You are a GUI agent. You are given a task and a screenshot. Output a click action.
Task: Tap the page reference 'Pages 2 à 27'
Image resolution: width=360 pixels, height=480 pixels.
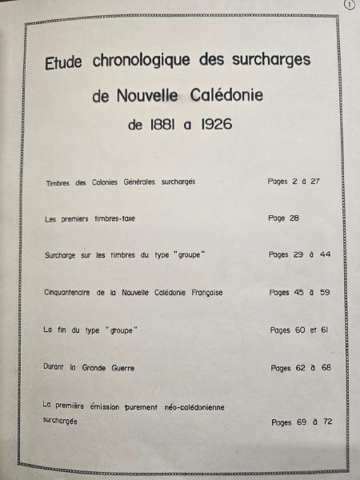(294, 182)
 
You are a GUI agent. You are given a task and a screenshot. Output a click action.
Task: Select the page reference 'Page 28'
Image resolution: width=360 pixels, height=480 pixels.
(283, 218)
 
